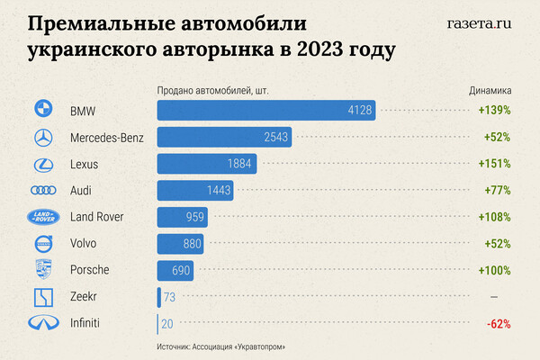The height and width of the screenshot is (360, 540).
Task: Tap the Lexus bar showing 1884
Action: [207, 164]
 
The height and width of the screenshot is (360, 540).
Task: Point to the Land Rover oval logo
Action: [43, 217]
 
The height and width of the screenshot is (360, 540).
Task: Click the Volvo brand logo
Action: [43, 244]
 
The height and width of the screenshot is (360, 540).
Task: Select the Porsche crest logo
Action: [43, 270]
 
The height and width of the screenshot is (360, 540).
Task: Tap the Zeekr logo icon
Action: [43, 297]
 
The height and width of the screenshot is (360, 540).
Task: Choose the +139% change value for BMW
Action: [494, 110]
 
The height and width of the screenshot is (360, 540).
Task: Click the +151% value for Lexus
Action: [494, 164]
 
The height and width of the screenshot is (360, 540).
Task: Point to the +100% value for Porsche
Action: [494, 270]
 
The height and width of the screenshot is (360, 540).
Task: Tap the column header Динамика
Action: [490, 91]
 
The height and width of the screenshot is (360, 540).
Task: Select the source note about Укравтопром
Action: [228, 346]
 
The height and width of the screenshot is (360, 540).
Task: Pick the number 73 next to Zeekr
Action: [170, 297]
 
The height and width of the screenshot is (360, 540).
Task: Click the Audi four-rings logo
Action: [43, 191]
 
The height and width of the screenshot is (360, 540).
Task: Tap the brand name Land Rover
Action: [96, 217]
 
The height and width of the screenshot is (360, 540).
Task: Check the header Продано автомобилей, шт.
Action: [213, 91]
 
